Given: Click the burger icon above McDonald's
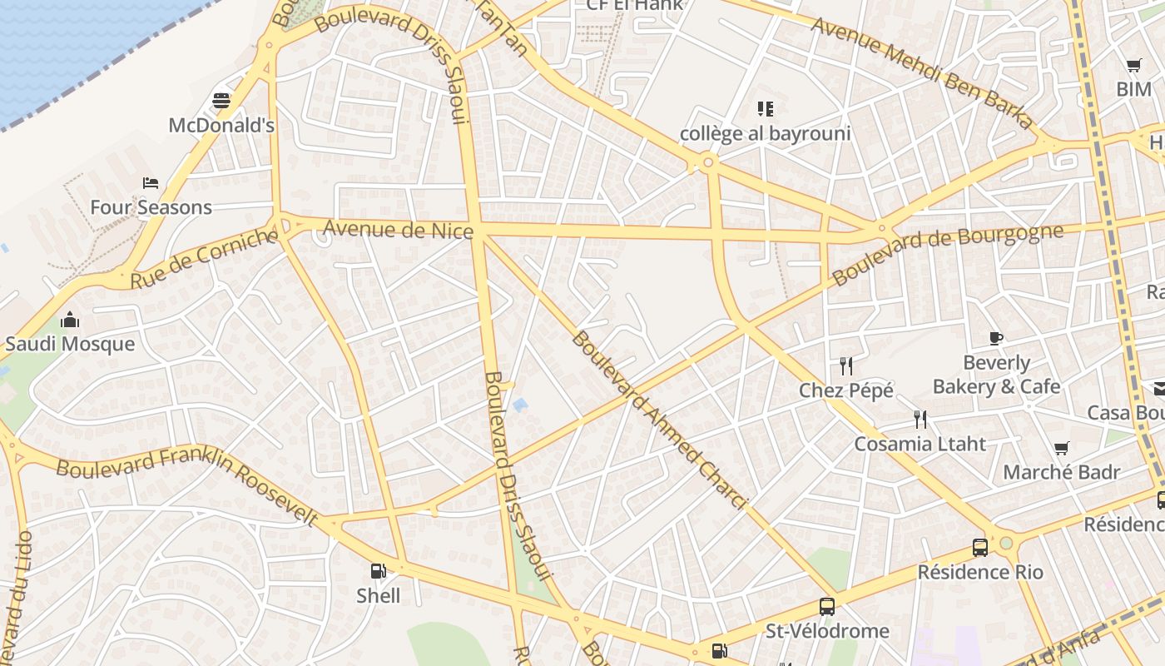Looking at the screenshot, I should tap(221, 101).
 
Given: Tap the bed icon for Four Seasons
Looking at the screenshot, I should tap(151, 183).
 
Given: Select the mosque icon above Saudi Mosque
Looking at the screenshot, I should tap(70, 320).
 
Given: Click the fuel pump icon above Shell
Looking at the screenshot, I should tap(379, 571).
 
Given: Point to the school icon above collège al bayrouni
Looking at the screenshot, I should tap(765, 108).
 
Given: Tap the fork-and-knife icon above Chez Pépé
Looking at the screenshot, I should tap(846, 365).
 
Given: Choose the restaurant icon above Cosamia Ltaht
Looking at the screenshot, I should tap(920, 419).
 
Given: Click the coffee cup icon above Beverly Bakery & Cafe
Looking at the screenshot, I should tap(996, 338).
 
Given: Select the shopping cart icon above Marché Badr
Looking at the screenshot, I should tap(1061, 449).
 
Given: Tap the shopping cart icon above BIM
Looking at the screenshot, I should tap(1133, 65).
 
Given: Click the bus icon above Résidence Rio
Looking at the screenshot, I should tap(980, 548).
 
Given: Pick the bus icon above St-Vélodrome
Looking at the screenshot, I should tap(826, 606).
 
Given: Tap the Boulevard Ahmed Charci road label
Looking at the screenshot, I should tap(657, 419).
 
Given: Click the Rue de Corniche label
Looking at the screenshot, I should tap(204, 259).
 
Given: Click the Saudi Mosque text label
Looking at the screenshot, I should tap(70, 344).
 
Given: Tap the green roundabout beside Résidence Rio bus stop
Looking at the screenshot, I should tap(1006, 543).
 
